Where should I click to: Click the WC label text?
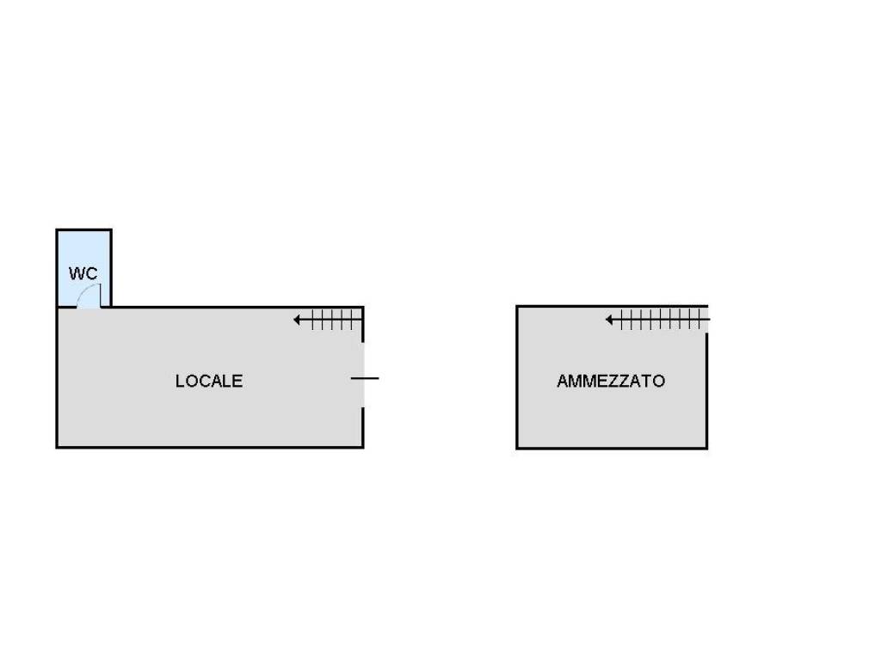(x=83, y=273)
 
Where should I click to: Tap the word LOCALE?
(x=209, y=381)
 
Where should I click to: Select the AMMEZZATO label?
(x=611, y=381)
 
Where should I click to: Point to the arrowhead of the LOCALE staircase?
(x=297, y=320)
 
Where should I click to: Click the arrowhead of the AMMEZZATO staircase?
(x=609, y=320)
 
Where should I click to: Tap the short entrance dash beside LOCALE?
(x=365, y=378)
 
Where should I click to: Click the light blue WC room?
(x=83, y=268)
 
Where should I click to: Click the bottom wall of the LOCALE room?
(x=210, y=447)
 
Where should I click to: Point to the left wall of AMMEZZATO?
(x=517, y=377)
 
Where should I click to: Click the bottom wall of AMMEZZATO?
(x=612, y=448)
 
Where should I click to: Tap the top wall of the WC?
(x=83, y=229)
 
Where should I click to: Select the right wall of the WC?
(x=111, y=268)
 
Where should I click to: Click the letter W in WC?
(x=77, y=273)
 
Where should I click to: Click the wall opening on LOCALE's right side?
(x=363, y=375)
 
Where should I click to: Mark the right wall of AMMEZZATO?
(x=706, y=391)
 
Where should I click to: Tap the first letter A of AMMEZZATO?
(x=563, y=381)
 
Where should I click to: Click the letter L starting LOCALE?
(x=180, y=381)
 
